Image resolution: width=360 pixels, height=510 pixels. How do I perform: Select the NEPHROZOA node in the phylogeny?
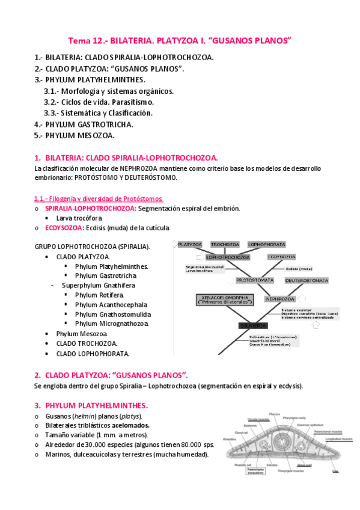pos(278,298)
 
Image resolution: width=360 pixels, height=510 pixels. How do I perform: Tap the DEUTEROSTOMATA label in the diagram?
pos(307,280)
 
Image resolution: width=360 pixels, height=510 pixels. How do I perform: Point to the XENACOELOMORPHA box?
pos(225,299)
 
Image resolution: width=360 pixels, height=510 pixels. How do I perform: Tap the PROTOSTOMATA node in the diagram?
pos(255,280)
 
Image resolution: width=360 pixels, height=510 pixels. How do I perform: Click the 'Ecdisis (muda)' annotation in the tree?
pos(299,269)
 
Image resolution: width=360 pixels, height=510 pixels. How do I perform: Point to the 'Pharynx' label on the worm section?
pos(276,413)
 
